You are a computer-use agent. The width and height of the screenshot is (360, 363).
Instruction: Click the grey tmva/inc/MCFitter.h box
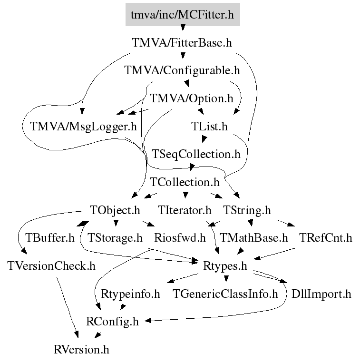183,14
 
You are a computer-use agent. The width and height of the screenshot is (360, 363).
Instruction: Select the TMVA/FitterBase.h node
182,43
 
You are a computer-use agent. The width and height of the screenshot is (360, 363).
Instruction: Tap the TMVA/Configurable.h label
182,71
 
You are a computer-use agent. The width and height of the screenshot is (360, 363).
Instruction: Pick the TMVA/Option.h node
192,98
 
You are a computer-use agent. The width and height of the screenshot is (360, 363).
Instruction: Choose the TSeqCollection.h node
196,154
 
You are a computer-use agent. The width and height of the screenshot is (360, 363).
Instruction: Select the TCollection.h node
185,182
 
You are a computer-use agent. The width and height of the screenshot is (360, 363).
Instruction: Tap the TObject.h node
115,210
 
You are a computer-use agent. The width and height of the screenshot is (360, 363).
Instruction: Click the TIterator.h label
185,210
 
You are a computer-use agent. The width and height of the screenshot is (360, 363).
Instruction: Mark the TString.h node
246,210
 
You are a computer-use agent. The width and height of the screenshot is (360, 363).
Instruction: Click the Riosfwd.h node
180,237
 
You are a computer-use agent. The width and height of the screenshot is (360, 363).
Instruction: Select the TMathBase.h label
254,237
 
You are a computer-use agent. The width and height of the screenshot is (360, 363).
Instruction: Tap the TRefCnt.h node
326,237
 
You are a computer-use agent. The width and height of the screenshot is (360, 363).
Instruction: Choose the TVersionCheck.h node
51,265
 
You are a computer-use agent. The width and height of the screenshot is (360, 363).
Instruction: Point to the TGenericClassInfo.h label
225,294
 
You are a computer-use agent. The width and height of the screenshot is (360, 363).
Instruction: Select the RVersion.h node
82,350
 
